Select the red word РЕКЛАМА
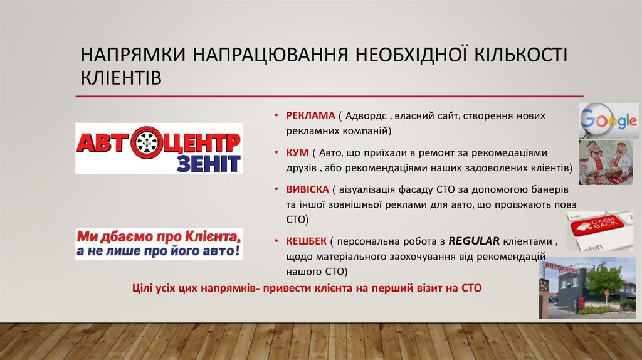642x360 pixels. pos(311,117)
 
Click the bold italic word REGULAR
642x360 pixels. pos(474,241)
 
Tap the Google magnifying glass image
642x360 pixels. pos(608,120)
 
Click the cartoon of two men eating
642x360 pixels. pos(609,161)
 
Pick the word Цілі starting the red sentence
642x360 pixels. pos(144,287)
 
